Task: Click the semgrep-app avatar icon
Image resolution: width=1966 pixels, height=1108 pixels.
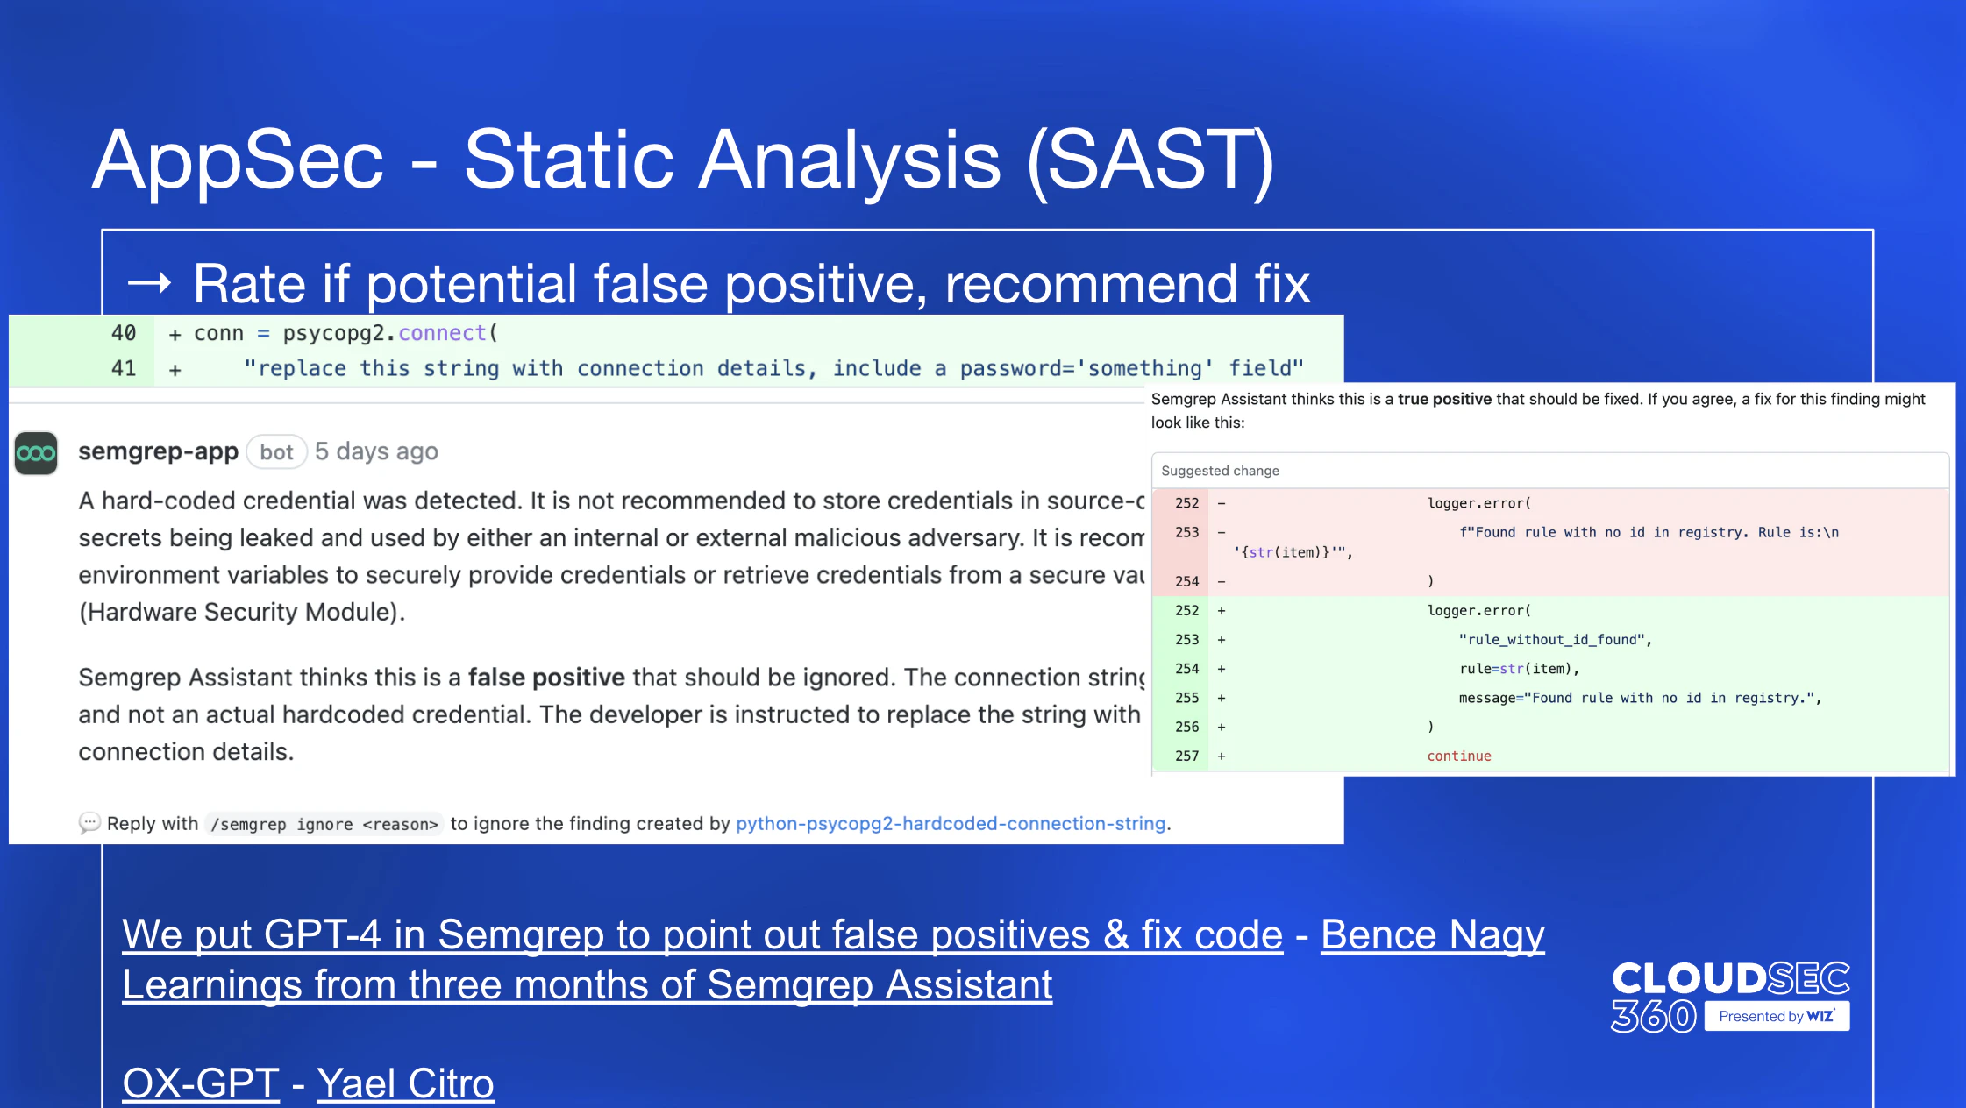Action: (x=36, y=453)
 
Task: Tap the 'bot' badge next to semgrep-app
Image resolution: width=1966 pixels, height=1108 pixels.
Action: (x=276, y=452)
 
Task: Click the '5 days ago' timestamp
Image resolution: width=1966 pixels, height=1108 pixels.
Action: (x=376, y=451)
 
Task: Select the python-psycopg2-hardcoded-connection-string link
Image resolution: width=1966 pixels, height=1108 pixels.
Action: (x=951, y=824)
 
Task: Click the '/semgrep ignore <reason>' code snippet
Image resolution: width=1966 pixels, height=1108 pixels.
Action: (x=324, y=824)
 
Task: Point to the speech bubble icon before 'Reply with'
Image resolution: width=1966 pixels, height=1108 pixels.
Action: (x=89, y=823)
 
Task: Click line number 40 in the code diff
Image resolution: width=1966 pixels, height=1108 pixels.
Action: (x=124, y=333)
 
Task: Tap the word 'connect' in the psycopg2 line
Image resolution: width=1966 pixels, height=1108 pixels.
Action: (x=442, y=333)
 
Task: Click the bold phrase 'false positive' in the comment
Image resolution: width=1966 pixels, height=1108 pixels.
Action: (x=546, y=678)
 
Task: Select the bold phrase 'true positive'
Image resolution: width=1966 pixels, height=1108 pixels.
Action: (x=1444, y=399)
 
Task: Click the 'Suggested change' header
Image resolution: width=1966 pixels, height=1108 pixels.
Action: (x=1220, y=471)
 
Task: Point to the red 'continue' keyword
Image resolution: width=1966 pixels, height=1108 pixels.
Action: (x=1458, y=756)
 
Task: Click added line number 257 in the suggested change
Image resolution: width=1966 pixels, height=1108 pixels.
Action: (x=1186, y=756)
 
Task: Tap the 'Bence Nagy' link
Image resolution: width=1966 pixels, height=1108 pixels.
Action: (x=1432, y=935)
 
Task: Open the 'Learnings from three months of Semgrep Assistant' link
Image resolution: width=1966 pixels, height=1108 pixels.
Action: (x=587, y=985)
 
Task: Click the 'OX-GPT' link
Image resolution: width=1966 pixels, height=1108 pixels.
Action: (x=201, y=1083)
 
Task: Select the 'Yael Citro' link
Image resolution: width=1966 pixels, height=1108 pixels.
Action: (x=405, y=1083)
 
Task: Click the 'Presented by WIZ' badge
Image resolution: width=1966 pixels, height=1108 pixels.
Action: (x=1777, y=1016)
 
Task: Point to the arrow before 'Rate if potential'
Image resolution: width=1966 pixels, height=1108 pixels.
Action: (x=149, y=282)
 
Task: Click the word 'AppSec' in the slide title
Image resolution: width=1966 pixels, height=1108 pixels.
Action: (x=239, y=160)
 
